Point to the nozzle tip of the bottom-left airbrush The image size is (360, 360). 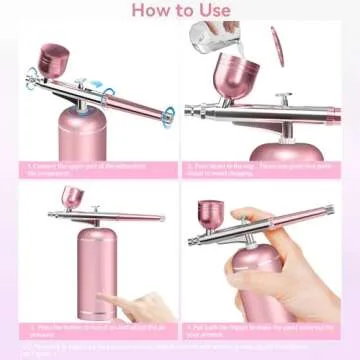pos(49,215)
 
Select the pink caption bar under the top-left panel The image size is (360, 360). pos(90,168)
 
